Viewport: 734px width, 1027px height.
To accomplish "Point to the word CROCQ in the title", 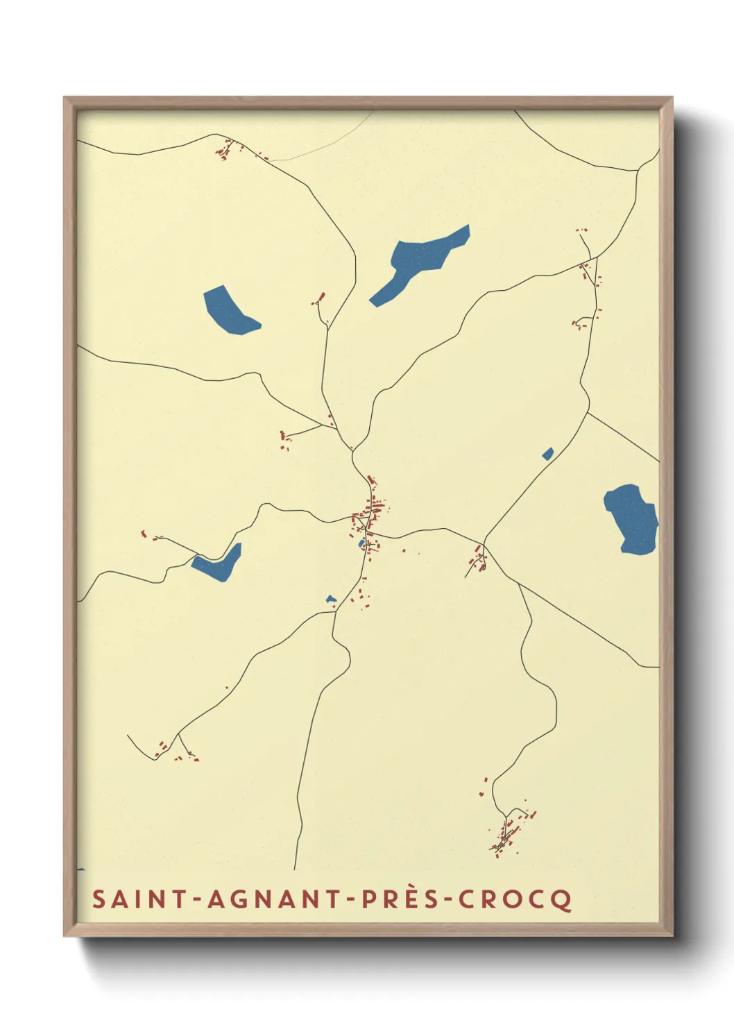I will [515, 899].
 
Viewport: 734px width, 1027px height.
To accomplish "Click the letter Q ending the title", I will [563, 900].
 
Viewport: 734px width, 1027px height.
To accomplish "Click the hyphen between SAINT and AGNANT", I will [198, 900].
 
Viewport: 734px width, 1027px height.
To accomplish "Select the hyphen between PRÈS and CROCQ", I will [450, 900].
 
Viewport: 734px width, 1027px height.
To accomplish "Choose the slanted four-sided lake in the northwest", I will [228, 310].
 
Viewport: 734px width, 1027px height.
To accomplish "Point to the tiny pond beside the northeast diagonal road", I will [548, 454].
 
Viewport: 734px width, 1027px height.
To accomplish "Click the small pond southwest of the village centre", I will [331, 599].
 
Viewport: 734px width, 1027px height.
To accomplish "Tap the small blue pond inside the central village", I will [361, 543].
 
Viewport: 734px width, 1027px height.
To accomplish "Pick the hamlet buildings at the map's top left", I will [225, 150].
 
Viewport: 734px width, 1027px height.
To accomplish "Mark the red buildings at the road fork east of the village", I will [478, 559].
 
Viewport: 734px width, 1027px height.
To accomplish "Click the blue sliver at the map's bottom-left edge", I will [80, 869].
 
